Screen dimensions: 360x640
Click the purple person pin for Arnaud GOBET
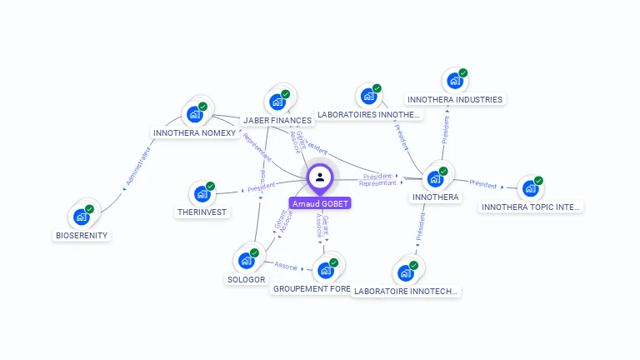click(320, 177)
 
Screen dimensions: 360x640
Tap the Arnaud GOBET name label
click(321, 203)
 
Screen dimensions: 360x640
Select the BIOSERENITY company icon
click(81, 217)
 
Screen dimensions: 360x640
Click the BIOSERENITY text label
click(82, 236)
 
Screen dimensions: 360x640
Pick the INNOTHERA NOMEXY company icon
click(195, 113)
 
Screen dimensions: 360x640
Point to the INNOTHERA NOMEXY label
click(195, 132)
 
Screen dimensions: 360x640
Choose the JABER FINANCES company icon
click(277, 102)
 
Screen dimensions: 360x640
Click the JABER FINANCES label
click(277, 121)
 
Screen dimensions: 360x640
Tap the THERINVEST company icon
click(202, 194)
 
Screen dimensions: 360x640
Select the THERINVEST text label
click(202, 212)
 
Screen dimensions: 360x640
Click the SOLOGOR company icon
click(246, 261)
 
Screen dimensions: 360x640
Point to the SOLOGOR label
click(246, 280)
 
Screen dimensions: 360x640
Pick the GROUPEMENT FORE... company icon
click(325, 271)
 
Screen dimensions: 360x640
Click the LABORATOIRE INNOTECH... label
click(406, 292)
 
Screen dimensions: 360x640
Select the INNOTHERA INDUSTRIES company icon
click(454, 82)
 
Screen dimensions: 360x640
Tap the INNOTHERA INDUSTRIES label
click(455, 100)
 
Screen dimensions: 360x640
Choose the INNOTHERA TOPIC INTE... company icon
click(530, 188)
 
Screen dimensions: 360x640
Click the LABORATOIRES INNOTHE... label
click(367, 114)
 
